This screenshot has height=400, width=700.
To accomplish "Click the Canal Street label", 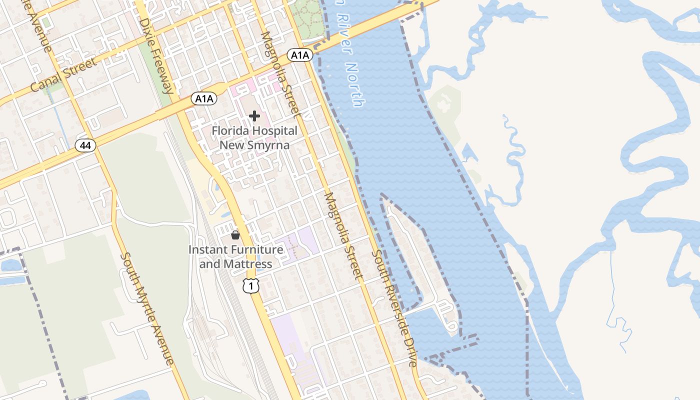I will point(63,75).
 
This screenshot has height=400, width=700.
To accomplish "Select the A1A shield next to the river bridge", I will point(300,55).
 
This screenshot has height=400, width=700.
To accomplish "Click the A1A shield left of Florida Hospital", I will point(204,98).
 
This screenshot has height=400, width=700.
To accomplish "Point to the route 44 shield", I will point(85,145).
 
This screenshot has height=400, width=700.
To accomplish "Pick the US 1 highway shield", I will point(251,285).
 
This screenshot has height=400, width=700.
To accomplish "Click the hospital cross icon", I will point(254,116).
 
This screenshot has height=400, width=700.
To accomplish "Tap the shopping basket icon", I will point(235,234).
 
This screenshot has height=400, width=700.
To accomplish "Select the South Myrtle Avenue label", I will point(147,308).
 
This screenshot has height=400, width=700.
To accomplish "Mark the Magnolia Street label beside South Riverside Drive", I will point(343,235).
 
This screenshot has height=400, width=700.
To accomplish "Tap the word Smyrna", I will point(269,145).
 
